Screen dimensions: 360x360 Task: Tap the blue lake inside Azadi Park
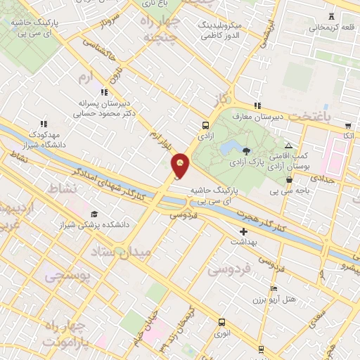(229, 148)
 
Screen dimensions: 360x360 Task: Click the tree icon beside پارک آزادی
(245, 150)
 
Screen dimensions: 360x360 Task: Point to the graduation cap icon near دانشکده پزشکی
(94, 214)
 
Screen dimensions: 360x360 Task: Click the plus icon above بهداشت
(243, 231)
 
